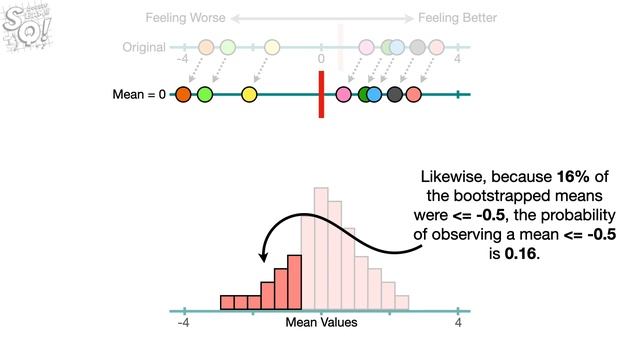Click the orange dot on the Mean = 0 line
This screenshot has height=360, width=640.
(x=183, y=95)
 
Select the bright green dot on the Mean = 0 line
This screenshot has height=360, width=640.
(x=205, y=95)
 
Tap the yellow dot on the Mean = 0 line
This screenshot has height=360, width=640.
(x=249, y=95)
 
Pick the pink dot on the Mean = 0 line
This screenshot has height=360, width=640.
(x=344, y=95)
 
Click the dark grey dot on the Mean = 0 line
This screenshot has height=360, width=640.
(x=395, y=95)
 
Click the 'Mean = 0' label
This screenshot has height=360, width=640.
(x=140, y=95)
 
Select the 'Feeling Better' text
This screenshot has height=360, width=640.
(x=457, y=18)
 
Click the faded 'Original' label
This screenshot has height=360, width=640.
(x=144, y=47)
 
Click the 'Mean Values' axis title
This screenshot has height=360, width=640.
(x=321, y=323)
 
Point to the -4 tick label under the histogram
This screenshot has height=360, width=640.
(x=183, y=323)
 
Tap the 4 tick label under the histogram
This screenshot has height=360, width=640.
(x=458, y=323)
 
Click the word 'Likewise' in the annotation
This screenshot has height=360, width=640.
(x=451, y=178)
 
